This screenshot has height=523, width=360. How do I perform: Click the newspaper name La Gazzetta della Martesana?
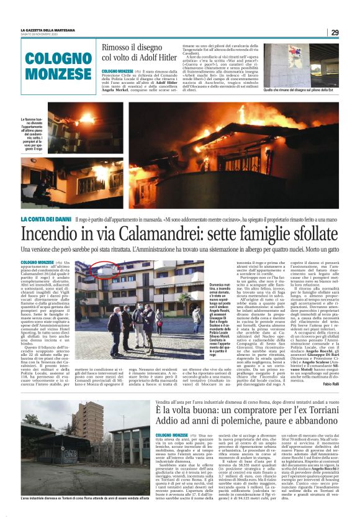pyautogui.click(x=50, y=29)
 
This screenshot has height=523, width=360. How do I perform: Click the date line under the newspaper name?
pyautogui.click(x=47, y=34)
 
